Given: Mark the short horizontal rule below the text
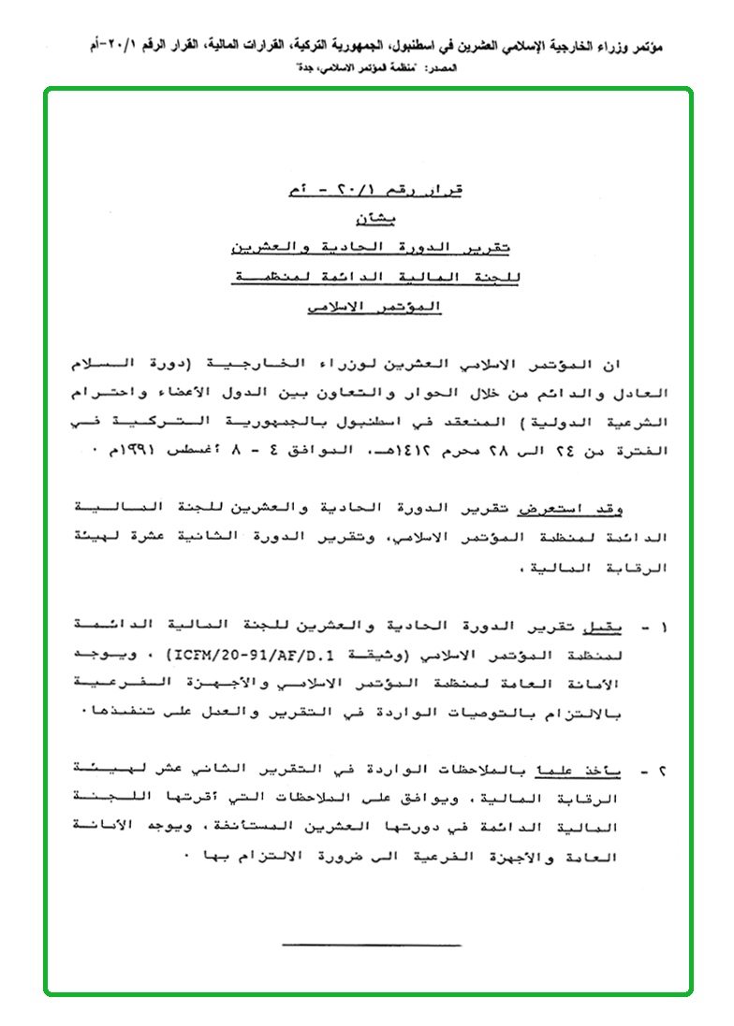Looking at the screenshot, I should coord(371,946).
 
